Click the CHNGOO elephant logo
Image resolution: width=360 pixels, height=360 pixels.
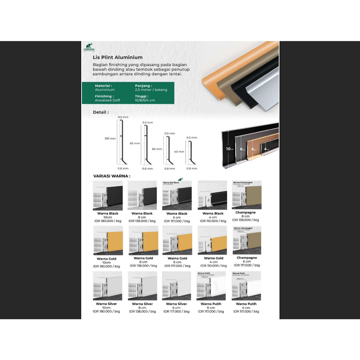[89, 47]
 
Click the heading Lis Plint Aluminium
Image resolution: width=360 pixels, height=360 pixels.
[117, 57]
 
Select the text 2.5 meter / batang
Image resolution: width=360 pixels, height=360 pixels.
[151, 90]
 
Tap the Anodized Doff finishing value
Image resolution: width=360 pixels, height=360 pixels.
[108, 100]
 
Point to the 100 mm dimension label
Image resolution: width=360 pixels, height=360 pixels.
[110, 139]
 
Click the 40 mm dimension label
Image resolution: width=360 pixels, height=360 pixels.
[179, 152]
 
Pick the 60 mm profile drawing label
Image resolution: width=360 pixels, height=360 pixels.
[157, 149]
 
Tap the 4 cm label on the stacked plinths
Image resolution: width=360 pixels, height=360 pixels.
[266, 149]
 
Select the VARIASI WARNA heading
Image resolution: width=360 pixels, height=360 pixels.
[111, 176]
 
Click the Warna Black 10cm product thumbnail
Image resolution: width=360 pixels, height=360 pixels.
[108, 195]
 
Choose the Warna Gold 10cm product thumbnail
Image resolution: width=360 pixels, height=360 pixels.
[108, 240]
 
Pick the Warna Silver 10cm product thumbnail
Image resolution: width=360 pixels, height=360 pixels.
[108, 286]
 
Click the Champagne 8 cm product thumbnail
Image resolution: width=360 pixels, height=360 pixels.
[247, 195]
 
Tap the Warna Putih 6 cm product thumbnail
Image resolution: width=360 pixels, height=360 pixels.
[246, 286]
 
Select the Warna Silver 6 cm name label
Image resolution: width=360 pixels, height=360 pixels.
[177, 304]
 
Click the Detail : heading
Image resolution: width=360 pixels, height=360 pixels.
[101, 112]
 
